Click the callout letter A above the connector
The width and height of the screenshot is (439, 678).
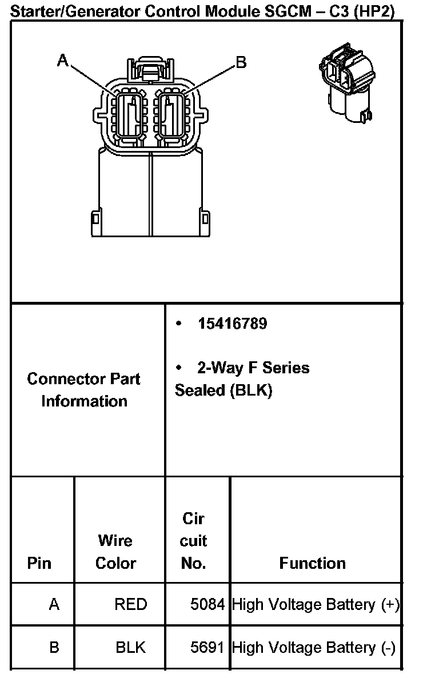tap(63, 60)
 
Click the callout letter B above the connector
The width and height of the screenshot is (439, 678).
tap(241, 62)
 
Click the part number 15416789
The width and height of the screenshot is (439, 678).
tap(233, 324)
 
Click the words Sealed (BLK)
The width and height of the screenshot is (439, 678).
tap(224, 390)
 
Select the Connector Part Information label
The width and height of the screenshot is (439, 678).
tap(84, 390)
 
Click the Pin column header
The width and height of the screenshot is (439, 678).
tap(39, 563)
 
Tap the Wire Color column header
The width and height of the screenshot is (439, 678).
tap(115, 552)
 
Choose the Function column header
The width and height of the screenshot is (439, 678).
tap(312, 563)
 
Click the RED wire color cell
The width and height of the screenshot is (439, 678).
tap(130, 604)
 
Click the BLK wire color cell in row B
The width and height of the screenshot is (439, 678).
tap(130, 647)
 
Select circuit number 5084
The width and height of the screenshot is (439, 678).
tap(207, 604)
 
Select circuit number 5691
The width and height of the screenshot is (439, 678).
tap(207, 647)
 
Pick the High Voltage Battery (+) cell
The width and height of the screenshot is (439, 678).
tap(316, 604)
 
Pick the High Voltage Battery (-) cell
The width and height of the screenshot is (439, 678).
tap(314, 647)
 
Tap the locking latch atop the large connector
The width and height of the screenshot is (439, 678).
tap(150, 71)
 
